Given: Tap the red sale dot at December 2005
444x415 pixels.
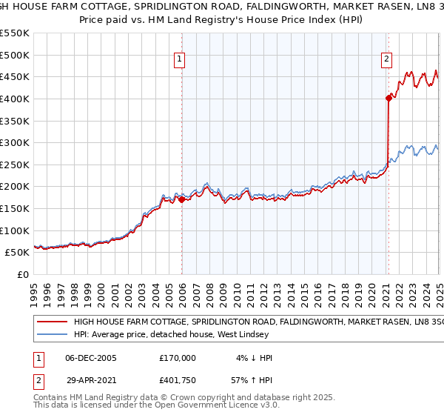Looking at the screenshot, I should [181, 199].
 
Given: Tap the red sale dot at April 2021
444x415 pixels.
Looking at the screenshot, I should [388, 97].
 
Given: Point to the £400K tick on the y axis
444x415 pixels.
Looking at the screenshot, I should [15, 99].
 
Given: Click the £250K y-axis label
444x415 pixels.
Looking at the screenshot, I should [15, 165].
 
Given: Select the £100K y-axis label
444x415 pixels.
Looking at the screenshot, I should [15, 230].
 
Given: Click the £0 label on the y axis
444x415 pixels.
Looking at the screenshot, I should [21, 274].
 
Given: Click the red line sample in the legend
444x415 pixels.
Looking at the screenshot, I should [52, 323].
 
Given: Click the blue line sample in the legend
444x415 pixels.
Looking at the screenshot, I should [52, 334].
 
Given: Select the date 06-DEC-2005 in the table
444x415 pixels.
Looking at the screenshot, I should [91, 358].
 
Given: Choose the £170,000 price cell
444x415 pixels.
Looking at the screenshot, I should [178, 358].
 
